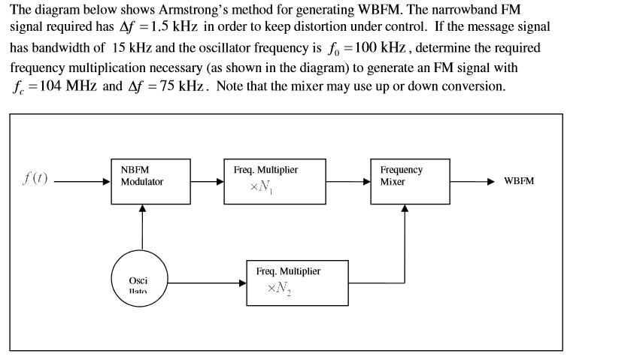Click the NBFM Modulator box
pos(150,182)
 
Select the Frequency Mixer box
pos(409,181)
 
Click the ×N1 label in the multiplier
pos(260,187)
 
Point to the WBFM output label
pos(519,182)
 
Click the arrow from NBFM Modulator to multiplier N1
pos(206,181)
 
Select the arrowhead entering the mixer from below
pos(405,208)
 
